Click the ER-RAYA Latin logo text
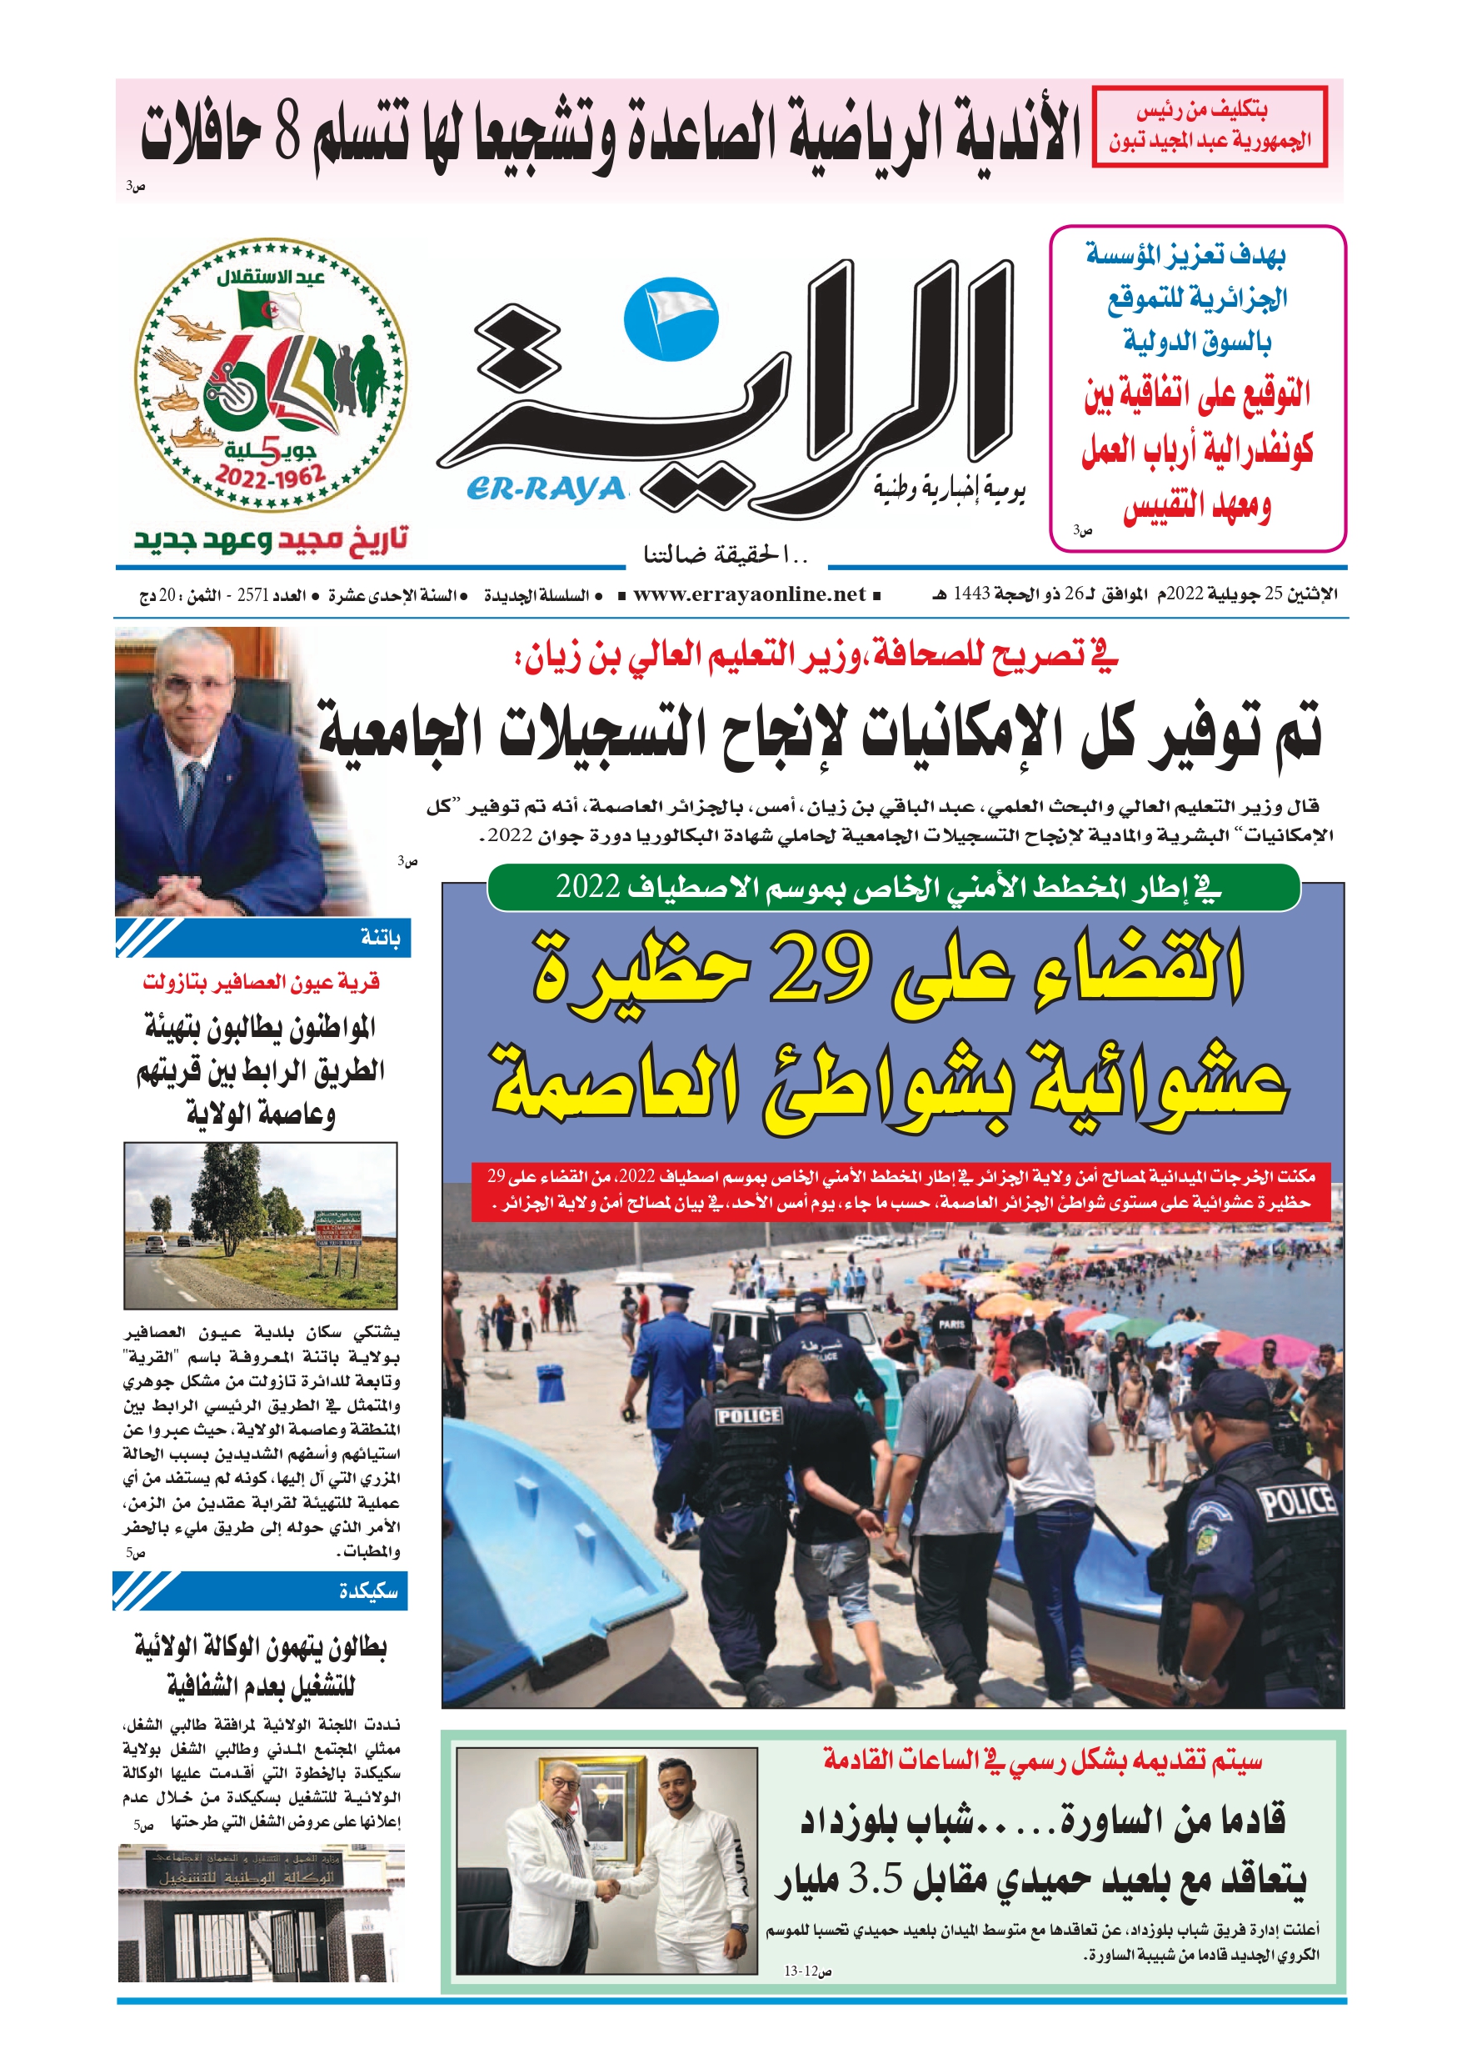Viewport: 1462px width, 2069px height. (546, 488)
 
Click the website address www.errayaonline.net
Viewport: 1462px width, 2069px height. (749, 594)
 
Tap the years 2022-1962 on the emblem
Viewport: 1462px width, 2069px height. (270, 477)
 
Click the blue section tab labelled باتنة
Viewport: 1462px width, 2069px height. (262, 938)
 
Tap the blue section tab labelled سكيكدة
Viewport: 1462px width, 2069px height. (261, 1591)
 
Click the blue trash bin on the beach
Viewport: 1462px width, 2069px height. (551, 1382)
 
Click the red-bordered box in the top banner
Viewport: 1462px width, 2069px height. (1209, 126)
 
